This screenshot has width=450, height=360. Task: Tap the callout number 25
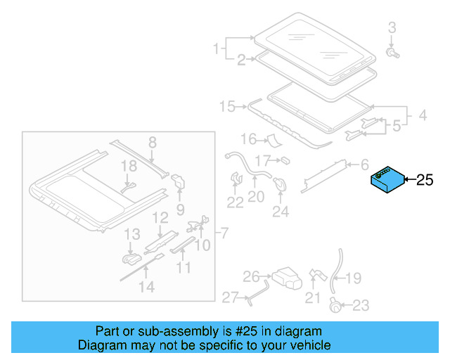(425, 180)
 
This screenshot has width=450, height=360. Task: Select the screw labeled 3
(392, 53)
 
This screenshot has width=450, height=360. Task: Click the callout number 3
(392, 28)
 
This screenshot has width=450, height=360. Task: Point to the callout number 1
(217, 49)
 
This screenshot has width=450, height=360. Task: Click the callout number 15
(227, 107)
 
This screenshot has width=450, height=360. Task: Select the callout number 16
(249, 139)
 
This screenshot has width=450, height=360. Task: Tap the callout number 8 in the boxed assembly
(151, 143)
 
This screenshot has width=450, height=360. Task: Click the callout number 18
(128, 166)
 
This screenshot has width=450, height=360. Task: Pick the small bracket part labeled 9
(178, 181)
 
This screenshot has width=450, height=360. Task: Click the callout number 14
(146, 286)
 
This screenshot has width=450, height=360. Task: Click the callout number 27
(231, 298)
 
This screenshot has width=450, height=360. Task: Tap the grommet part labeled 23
(335, 305)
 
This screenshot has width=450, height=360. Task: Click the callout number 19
(354, 278)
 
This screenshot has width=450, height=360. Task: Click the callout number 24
(281, 210)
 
